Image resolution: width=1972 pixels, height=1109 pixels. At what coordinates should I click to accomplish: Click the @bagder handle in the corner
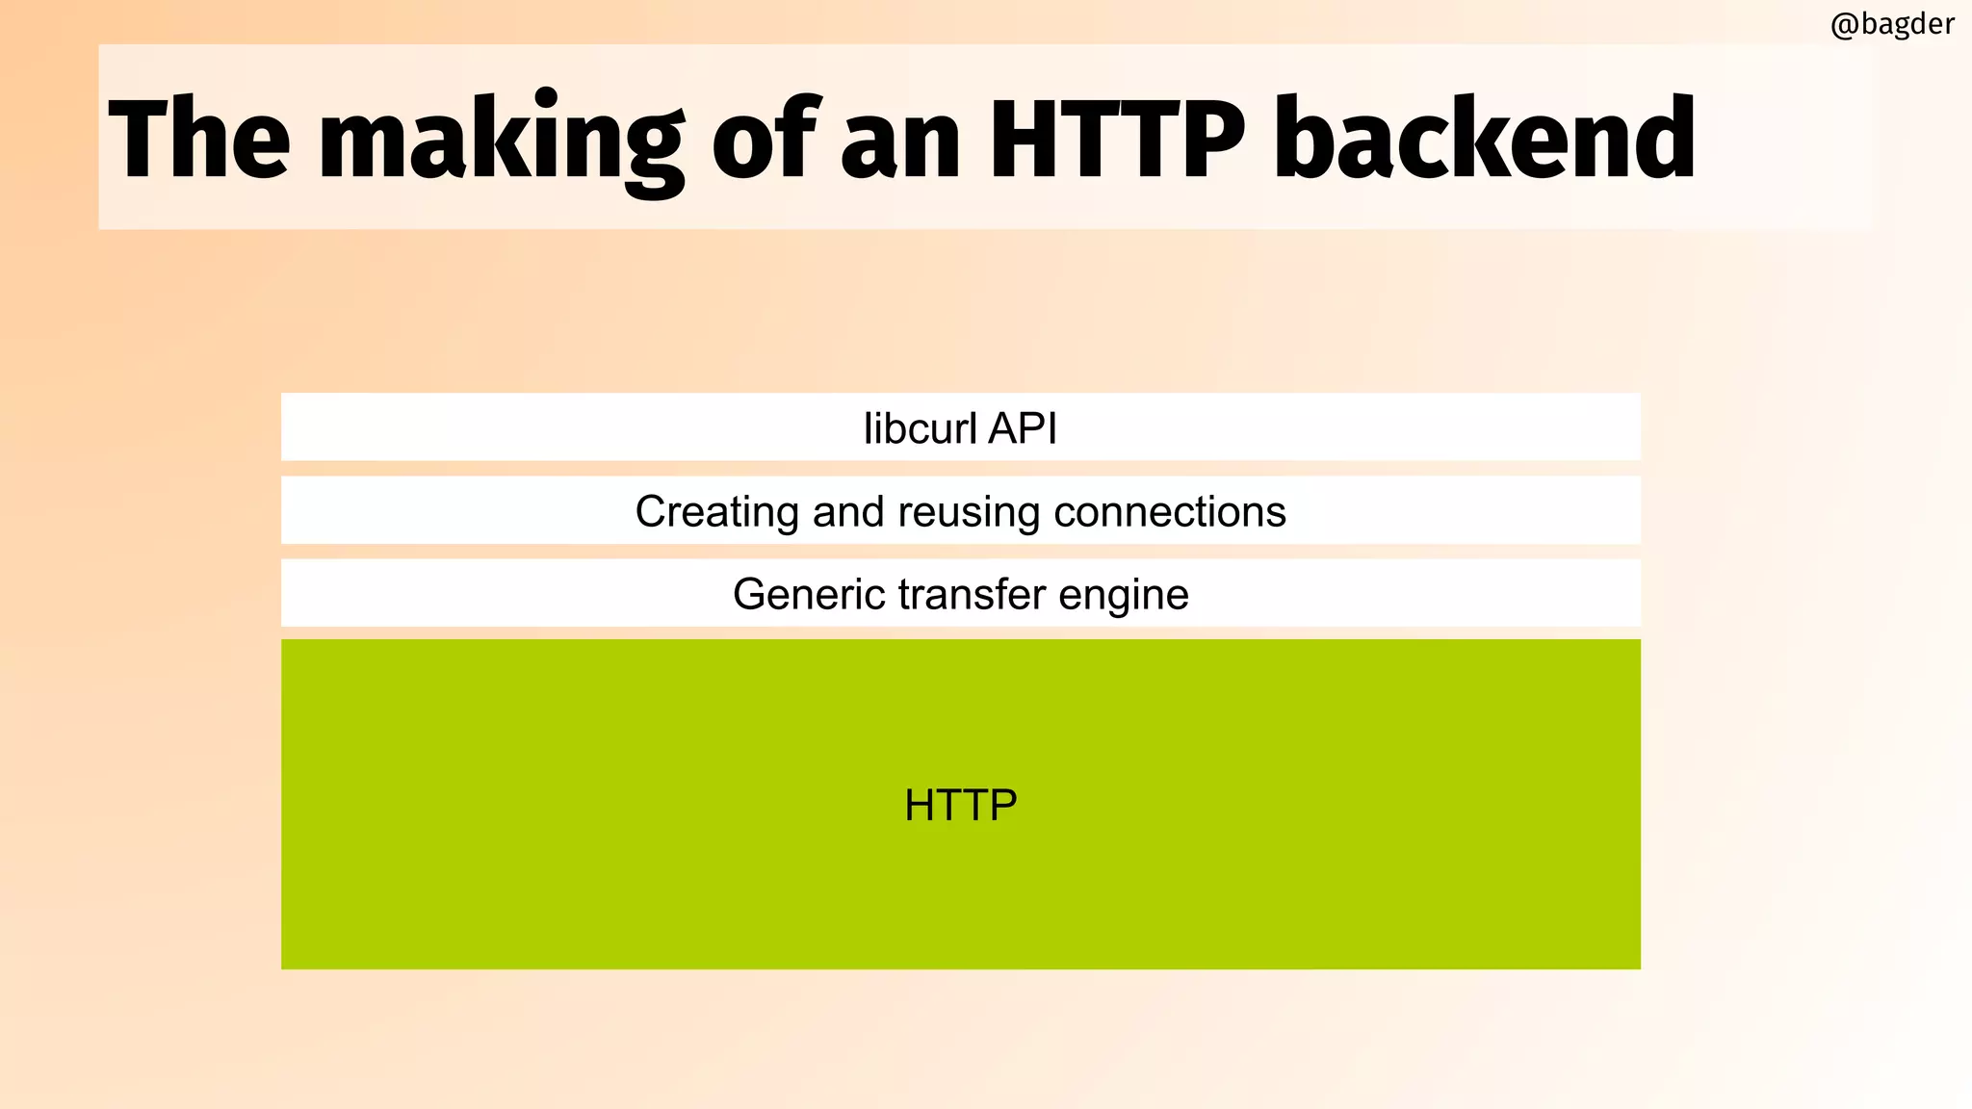[x=1892, y=23]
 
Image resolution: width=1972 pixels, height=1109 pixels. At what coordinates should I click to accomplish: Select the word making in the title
[x=501, y=141]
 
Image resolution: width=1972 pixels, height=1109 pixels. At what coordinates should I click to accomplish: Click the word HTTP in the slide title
[x=1117, y=138]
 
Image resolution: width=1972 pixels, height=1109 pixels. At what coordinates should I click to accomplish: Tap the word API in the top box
[x=1023, y=428]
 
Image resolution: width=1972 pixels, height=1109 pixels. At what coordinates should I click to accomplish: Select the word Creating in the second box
[x=716, y=512]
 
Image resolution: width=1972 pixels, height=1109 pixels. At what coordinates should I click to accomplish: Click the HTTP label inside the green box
[x=960, y=805]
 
